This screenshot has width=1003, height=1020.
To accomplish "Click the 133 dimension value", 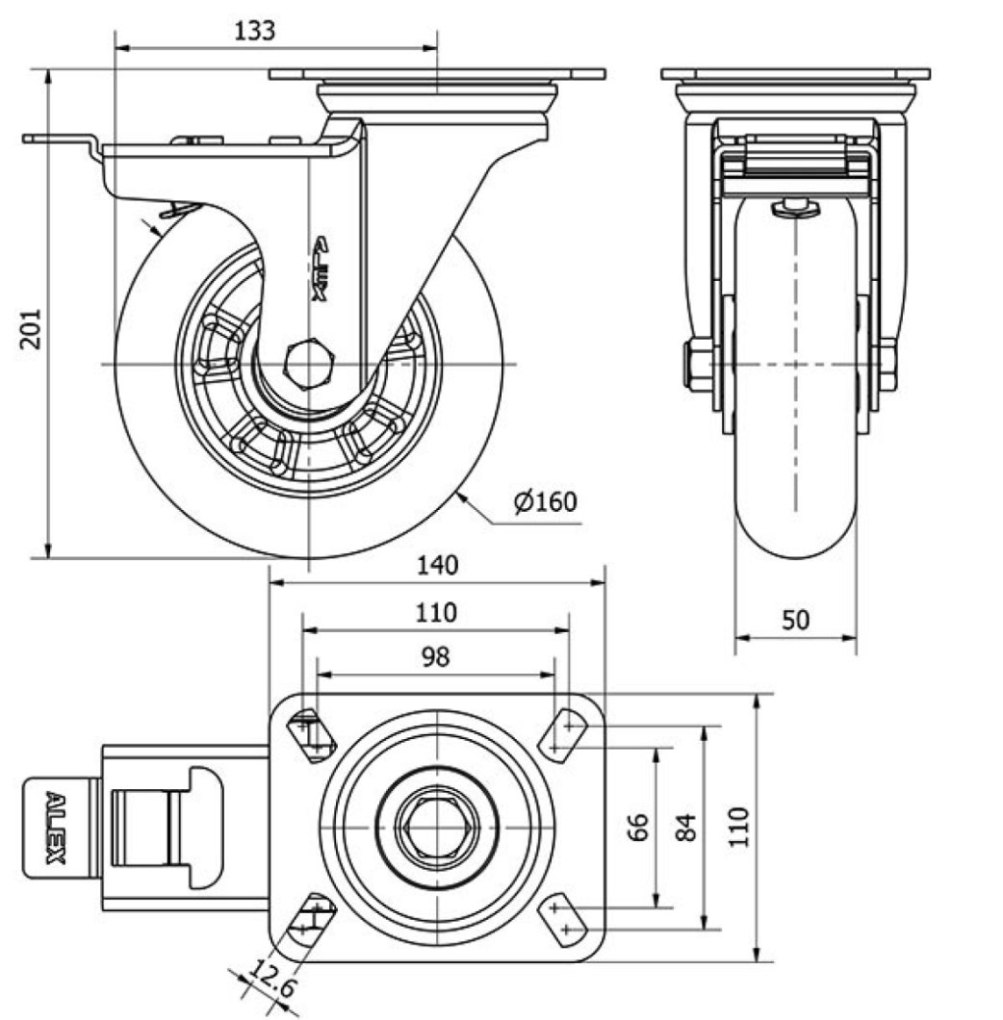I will (255, 30).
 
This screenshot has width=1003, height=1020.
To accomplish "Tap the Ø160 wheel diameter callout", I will (545, 502).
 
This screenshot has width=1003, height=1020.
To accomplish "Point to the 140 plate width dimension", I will (437, 566).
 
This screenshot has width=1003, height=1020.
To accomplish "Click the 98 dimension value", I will (436, 657).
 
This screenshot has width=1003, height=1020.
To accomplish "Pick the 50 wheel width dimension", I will (795, 620).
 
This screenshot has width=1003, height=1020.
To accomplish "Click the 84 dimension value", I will (685, 828).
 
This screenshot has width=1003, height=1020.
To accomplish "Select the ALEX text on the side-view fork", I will (321, 269).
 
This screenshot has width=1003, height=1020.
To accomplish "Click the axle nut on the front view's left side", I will (698, 366).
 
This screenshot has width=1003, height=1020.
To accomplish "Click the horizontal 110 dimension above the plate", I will (436, 612).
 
